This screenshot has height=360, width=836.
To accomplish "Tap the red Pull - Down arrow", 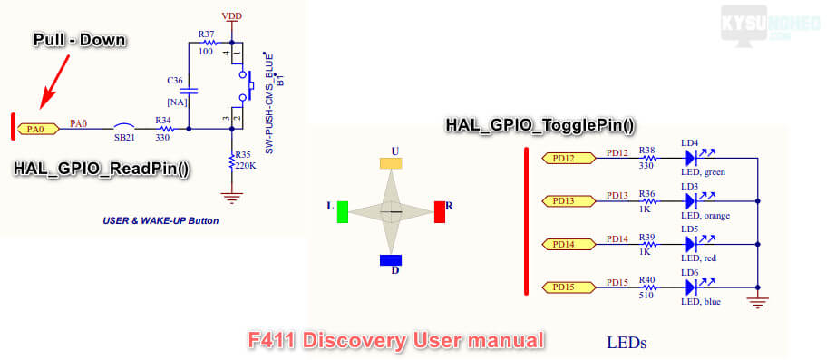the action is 55,80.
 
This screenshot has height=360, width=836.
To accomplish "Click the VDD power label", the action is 231,16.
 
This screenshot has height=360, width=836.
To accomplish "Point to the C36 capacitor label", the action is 175,81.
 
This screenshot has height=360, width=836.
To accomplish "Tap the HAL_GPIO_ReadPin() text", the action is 101,169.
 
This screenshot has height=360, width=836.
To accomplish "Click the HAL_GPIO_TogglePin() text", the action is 540,125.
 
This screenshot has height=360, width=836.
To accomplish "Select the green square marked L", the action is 343,211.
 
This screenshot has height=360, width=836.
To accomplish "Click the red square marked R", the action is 440,211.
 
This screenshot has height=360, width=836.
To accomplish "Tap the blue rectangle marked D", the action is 391,260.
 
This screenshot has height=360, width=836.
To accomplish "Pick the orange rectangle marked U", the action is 391,163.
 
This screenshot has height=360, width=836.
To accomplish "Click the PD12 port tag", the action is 569,158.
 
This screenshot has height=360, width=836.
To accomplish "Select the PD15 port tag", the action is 569,287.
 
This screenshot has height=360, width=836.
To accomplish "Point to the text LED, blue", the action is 701,302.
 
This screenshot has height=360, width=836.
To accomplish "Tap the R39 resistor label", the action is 646,237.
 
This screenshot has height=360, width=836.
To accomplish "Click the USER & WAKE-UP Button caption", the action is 160,220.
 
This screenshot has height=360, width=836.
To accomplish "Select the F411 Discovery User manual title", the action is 396,340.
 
